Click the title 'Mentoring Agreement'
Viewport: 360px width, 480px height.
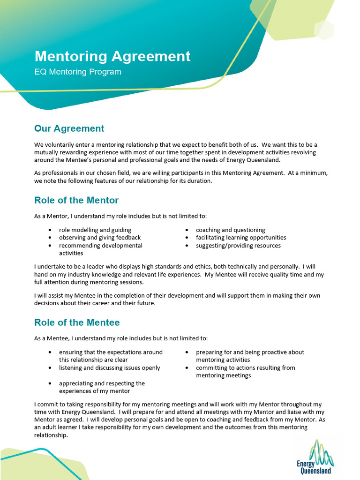pos(112,56)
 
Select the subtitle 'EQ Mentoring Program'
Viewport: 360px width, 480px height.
pos(78,72)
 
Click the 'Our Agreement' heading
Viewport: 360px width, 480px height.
pos(69,128)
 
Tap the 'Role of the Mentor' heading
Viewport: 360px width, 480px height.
pos(76,200)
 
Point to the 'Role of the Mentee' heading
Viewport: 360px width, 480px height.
pos(77,322)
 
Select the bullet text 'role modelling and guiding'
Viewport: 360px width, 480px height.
pos(95,230)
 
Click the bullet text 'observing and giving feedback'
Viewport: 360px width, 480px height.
pos(100,238)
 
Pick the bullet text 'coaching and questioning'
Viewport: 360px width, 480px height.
pos(231,230)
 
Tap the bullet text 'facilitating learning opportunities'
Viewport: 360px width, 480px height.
pos(241,238)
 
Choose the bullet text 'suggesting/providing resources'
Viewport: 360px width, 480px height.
pos(238,246)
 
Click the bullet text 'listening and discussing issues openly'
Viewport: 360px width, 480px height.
pos(110,368)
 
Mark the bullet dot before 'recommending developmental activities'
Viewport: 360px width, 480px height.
pos(50,246)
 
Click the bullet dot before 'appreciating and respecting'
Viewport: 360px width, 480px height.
pos(50,383)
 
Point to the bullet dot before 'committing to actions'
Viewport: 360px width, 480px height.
pos(187,368)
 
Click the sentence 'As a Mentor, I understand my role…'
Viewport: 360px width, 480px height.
pos(120,216)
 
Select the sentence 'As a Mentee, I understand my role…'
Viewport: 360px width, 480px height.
pos(121,338)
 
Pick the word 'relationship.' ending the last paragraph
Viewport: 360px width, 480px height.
pos(51,435)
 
